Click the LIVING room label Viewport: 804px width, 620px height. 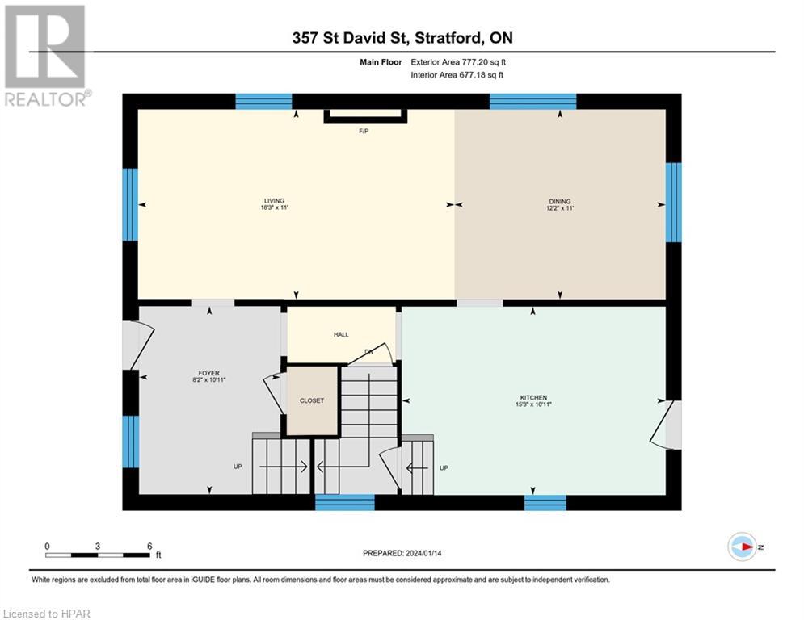point(273,201)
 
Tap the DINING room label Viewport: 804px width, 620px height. point(559,201)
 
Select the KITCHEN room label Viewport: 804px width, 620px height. point(533,397)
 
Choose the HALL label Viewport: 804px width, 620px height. point(341,334)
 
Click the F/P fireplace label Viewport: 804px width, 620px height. point(364,131)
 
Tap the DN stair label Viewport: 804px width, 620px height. point(369,352)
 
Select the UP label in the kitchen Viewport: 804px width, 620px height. point(444,467)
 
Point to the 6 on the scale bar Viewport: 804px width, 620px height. point(149,546)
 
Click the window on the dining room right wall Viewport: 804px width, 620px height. point(673,202)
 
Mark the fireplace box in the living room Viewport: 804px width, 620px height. point(365,117)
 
